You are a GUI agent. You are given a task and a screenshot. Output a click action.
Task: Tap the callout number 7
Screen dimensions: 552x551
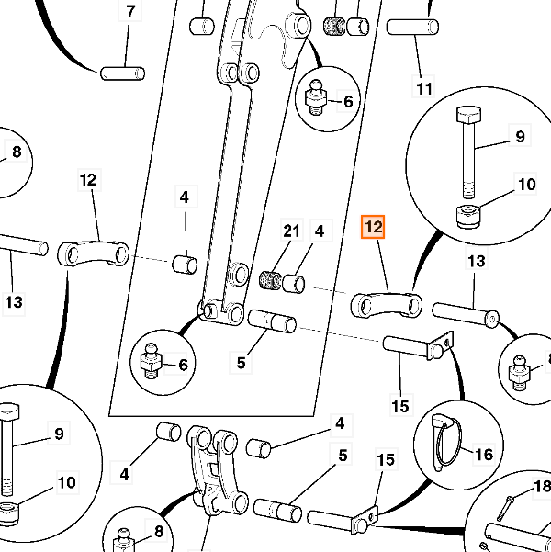[129, 12]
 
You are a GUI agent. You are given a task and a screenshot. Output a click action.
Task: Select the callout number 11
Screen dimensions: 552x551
[423, 89]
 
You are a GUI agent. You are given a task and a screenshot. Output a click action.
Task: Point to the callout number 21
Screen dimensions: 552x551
[291, 231]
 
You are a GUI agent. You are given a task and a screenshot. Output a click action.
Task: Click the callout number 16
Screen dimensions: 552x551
[483, 453]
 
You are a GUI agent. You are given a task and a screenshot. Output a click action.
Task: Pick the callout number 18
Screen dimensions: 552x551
[542, 486]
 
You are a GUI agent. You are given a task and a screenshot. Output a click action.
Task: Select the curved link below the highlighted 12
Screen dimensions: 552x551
[384, 304]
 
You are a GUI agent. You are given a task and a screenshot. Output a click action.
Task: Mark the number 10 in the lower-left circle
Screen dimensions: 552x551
[67, 482]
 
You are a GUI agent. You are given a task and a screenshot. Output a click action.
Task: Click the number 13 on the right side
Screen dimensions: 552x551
[476, 262]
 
